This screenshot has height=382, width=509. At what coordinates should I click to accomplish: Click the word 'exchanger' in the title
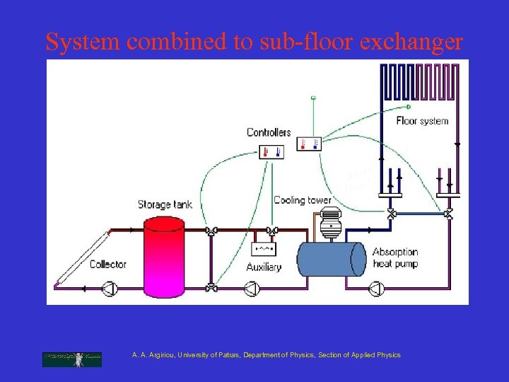(411, 42)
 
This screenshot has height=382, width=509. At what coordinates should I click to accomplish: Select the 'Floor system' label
(422, 121)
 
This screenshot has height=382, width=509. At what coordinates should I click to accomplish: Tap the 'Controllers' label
(269, 132)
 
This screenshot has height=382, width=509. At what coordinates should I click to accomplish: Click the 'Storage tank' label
(165, 205)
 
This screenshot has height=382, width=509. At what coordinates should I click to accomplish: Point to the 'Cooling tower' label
(302, 200)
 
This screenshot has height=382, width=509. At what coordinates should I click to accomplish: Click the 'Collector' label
(108, 264)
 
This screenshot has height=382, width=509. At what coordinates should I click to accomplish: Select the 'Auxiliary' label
(264, 267)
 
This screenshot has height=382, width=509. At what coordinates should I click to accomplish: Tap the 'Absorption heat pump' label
(395, 257)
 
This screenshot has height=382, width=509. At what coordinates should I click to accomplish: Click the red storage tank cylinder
(164, 255)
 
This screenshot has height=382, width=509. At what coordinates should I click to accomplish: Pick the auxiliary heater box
(264, 249)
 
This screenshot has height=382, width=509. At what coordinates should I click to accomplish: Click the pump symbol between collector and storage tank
(110, 288)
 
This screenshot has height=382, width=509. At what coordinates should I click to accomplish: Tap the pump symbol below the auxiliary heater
(251, 288)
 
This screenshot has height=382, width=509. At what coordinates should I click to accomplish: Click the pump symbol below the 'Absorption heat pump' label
(376, 288)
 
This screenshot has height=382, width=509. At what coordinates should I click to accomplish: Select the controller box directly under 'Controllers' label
(271, 151)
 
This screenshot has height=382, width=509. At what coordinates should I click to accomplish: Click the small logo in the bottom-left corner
(71, 359)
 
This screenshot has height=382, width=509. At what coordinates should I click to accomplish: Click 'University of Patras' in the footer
(209, 355)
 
